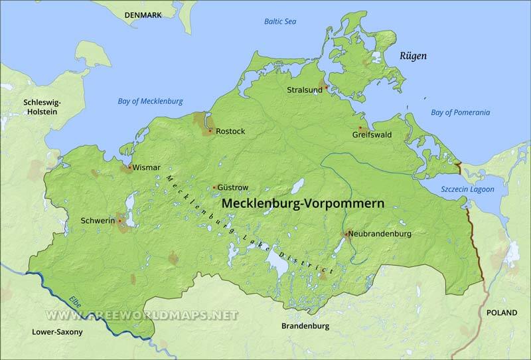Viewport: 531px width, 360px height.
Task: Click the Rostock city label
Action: click(x=230, y=132)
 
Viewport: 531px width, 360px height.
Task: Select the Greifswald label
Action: click(x=372, y=135)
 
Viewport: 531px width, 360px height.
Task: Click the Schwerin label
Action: click(x=98, y=221)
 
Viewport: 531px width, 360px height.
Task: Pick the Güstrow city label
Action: click(x=233, y=188)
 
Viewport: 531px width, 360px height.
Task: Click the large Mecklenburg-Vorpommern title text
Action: click(x=302, y=204)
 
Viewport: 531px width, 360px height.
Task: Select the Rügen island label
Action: click(x=413, y=56)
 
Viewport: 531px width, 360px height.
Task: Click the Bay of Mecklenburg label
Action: click(x=150, y=102)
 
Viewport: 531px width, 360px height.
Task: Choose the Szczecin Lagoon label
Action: click(x=467, y=189)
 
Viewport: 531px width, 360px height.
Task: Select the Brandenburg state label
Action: click(x=305, y=326)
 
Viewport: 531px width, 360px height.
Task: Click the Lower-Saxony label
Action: click(x=58, y=331)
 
